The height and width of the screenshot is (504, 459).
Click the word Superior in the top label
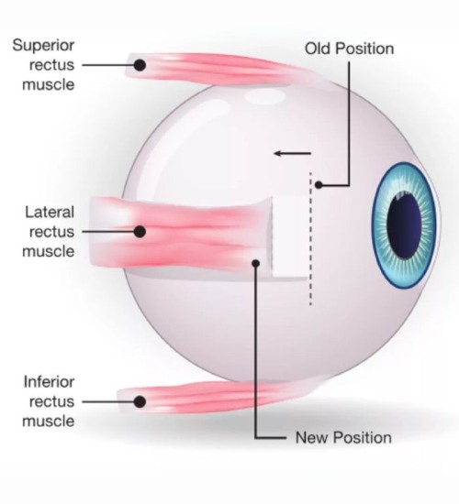(x=43, y=45)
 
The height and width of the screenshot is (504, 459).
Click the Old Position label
(x=348, y=48)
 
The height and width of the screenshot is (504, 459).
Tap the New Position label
(x=342, y=437)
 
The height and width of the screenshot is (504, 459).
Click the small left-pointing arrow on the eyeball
(x=293, y=153)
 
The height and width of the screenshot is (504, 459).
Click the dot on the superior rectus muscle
(x=140, y=65)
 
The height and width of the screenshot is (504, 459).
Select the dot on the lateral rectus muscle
(x=140, y=232)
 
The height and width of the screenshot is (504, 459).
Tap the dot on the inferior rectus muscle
(x=140, y=400)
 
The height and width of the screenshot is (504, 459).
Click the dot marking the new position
(x=256, y=264)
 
